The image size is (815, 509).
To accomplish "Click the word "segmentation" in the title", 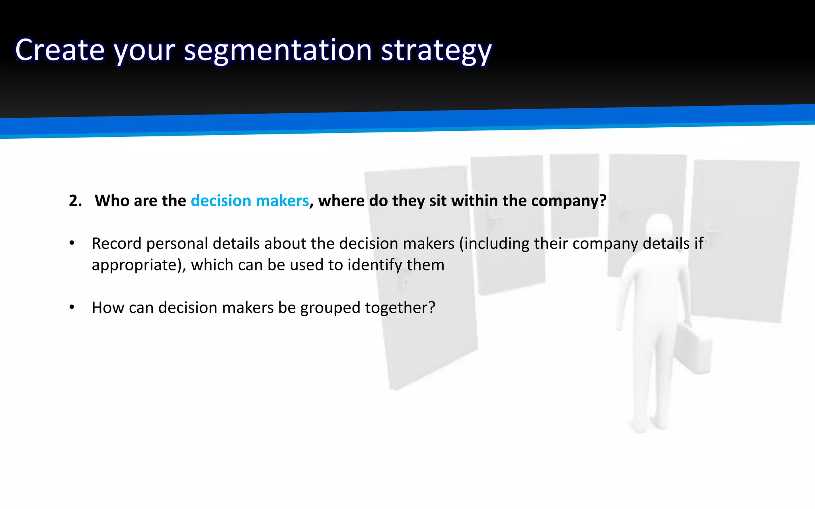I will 277,51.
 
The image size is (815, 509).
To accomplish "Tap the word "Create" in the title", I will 60,51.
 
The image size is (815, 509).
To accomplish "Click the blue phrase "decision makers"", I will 250,201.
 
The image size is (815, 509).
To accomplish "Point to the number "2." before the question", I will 75,201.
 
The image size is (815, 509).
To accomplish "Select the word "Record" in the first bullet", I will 116,243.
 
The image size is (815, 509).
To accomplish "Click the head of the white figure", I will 659,229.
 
